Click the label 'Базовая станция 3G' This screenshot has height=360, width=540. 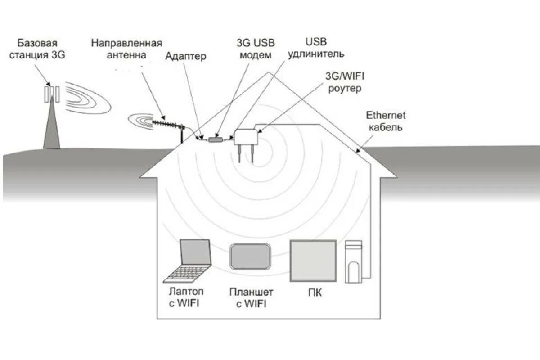(x=38, y=50)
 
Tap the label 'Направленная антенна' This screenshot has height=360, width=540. (x=126, y=49)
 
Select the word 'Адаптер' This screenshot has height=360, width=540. (x=185, y=56)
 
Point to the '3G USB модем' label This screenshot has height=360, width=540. (x=255, y=49)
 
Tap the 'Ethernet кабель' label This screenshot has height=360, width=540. (x=386, y=121)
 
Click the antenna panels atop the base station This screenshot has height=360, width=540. (x=52, y=93)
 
